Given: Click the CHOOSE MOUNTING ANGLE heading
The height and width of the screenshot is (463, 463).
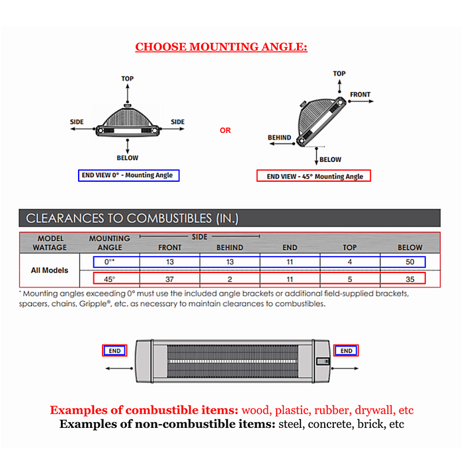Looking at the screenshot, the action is click(221, 47).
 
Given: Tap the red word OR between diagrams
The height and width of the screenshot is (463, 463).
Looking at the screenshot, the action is click(226, 130).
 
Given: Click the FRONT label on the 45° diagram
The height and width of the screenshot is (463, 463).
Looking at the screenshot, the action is click(360, 95).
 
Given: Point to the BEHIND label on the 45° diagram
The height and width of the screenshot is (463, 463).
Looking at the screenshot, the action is click(279, 138).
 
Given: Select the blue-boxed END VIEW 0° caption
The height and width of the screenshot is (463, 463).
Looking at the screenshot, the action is click(129, 175).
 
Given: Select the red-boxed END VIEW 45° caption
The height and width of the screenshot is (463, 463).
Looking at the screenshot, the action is click(314, 176).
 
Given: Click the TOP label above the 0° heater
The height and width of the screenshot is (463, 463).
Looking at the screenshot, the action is click(127, 79).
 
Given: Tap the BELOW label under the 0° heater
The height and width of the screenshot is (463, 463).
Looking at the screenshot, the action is click(127, 158).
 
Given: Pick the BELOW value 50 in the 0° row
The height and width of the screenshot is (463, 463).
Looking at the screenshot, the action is click(410, 262).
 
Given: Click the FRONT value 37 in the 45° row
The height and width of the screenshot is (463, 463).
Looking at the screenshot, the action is click(169, 279).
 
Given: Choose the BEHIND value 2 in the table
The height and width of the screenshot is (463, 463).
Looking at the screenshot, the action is click(230, 279).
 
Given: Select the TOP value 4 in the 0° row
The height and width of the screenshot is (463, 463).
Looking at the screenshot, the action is click(350, 262).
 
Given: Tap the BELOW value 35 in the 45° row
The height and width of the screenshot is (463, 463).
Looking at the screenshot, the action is click(410, 279).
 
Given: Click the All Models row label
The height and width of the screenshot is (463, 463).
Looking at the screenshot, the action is click(50, 270).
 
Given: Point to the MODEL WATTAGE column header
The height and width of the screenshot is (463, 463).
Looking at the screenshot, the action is click(50, 243).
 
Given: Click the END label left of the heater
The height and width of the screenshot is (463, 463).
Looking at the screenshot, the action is click(114, 351).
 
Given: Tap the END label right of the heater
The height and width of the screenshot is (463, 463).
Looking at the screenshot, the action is click(346, 351).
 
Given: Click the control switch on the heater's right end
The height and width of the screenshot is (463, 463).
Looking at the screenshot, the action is click(323, 361).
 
